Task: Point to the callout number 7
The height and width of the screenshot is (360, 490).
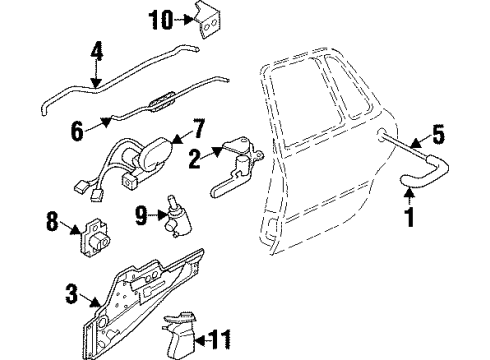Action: (198, 128)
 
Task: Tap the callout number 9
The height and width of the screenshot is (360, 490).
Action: (140, 213)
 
